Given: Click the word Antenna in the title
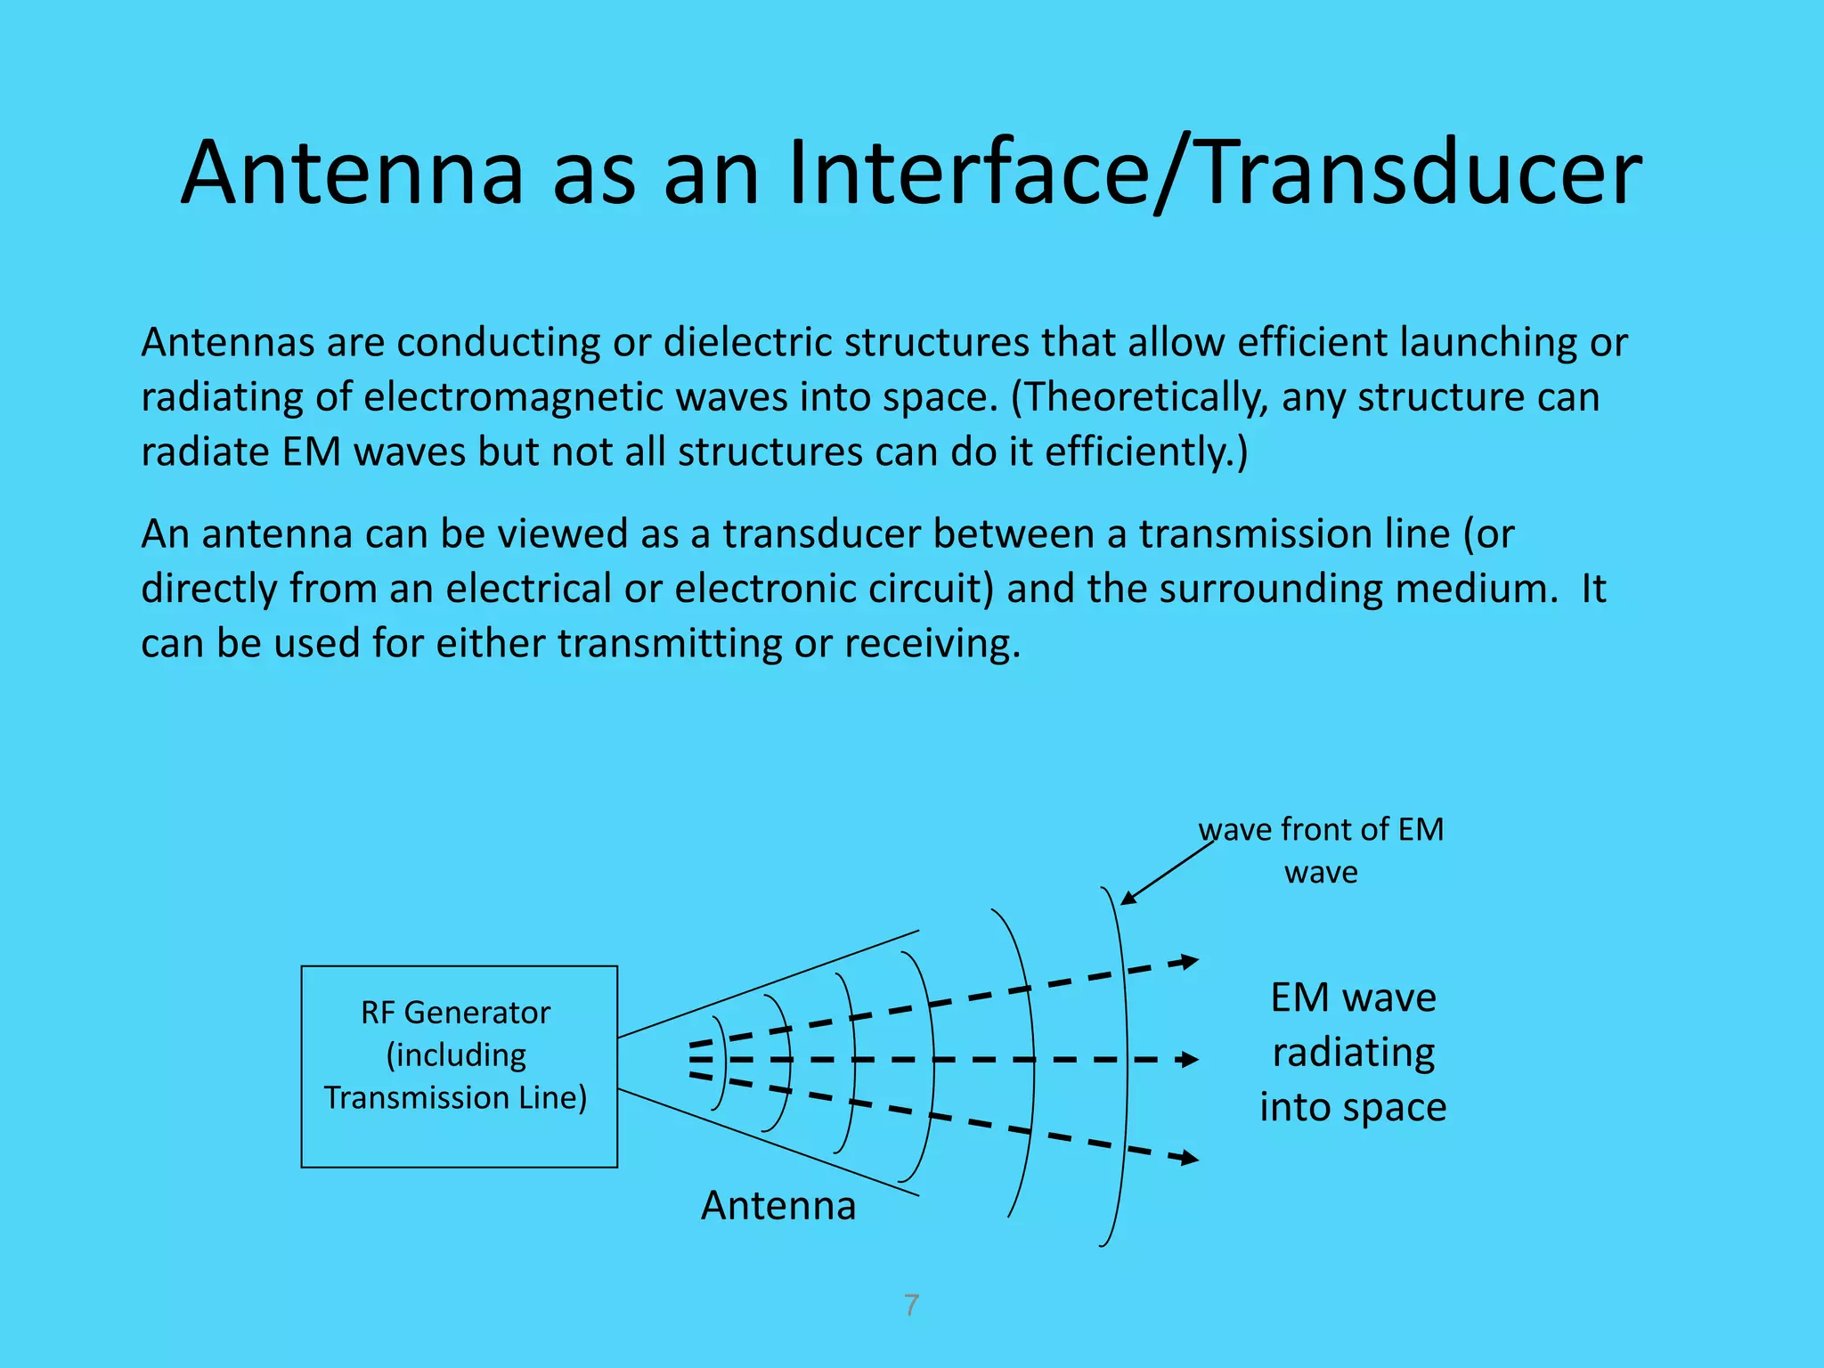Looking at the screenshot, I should [352, 174].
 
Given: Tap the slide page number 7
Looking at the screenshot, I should [911, 1306].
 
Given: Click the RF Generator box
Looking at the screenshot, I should [459, 1066].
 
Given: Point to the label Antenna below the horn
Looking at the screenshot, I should [778, 1206].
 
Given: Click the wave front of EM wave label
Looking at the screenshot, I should [1321, 850].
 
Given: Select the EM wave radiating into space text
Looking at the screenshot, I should [1352, 1052].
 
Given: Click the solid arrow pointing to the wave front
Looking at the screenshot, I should [1167, 873].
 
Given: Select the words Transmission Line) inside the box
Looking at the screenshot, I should [455, 1098].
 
